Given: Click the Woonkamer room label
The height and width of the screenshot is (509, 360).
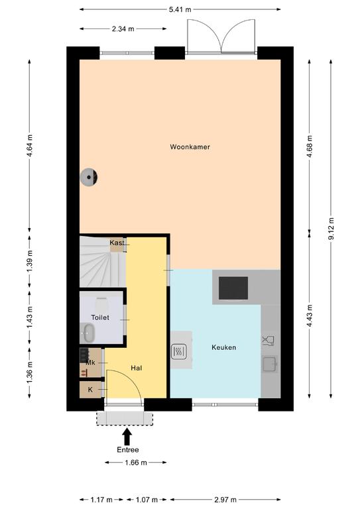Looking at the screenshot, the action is (190, 147).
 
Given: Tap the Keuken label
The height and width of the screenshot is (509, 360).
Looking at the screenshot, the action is (223, 347).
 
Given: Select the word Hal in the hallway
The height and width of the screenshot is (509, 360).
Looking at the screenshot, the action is (137, 368).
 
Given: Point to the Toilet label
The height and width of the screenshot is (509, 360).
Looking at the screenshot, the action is (100, 317).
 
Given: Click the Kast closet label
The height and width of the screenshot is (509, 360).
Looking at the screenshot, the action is (117, 243).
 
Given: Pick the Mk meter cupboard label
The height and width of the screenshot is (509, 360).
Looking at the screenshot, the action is (90, 363).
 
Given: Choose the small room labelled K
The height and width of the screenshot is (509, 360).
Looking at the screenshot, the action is (90, 390).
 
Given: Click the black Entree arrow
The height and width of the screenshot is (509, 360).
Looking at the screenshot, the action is (127, 437).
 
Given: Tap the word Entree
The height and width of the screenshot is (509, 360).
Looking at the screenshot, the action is (128, 450).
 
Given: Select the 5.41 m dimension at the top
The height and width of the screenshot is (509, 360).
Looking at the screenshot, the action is (180, 9).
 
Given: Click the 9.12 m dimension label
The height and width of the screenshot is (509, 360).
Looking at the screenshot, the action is (331, 229).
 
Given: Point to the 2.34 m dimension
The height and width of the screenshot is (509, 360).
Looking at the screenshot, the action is (123, 29).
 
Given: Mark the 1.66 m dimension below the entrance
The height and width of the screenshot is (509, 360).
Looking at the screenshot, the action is (136, 462).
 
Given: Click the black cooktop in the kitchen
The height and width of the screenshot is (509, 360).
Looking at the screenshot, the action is (233, 288).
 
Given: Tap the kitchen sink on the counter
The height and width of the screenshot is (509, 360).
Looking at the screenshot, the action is (270, 364).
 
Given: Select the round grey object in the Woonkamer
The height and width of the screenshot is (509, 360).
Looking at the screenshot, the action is (89, 177).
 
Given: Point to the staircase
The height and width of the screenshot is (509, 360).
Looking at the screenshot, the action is (103, 262).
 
